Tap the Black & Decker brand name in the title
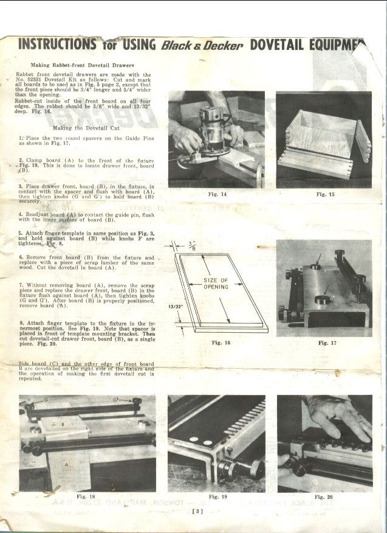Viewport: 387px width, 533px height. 202,46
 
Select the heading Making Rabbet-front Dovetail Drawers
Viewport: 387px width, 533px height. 82,64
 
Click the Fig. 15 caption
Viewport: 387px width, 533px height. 325,194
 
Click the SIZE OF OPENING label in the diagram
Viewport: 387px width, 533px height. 216,284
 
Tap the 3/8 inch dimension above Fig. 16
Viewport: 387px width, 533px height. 192,245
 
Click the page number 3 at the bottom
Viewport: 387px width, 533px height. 197,511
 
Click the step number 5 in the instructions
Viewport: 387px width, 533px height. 20,233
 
